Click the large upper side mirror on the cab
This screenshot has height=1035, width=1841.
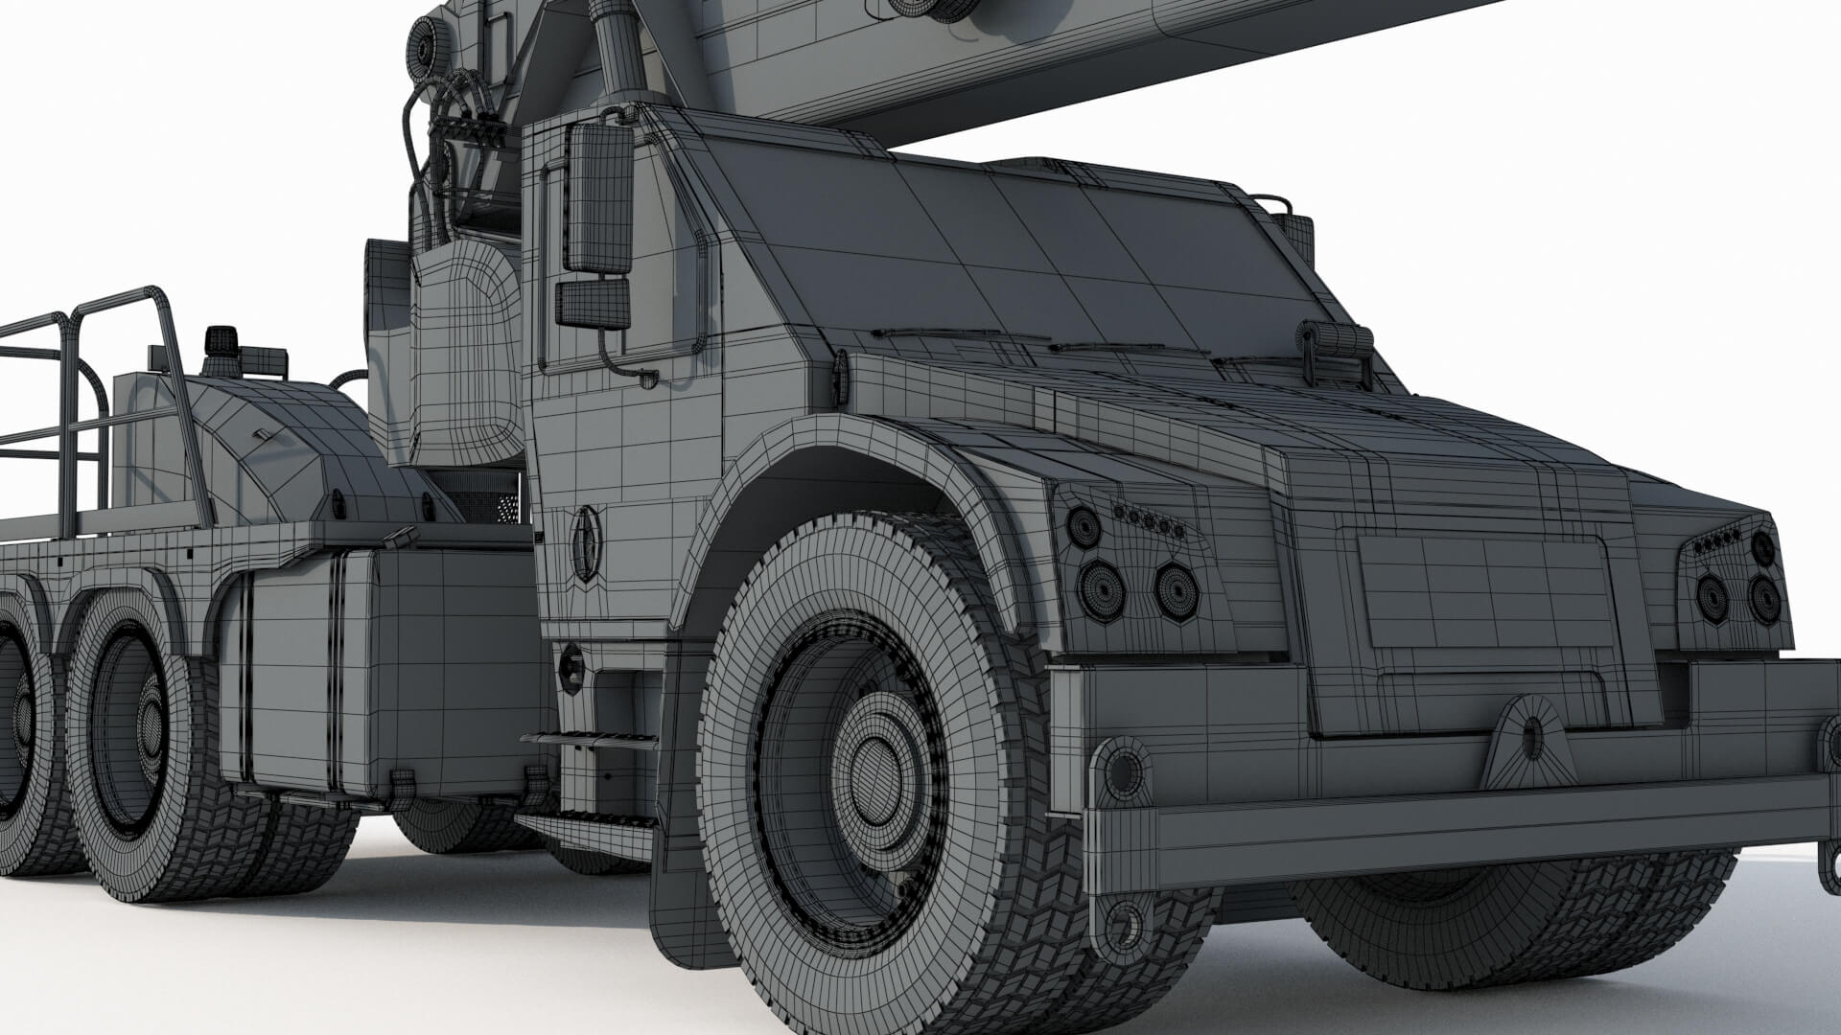[x=600, y=197]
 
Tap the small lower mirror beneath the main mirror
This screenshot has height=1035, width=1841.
[x=594, y=304]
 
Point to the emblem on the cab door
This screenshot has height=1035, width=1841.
[x=585, y=543]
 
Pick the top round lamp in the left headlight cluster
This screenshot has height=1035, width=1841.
[x=1084, y=526]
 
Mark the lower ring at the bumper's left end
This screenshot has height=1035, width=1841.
[x=1124, y=926]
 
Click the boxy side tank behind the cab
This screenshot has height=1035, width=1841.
[x=384, y=671]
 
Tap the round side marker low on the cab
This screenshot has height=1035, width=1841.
[x=571, y=668]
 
